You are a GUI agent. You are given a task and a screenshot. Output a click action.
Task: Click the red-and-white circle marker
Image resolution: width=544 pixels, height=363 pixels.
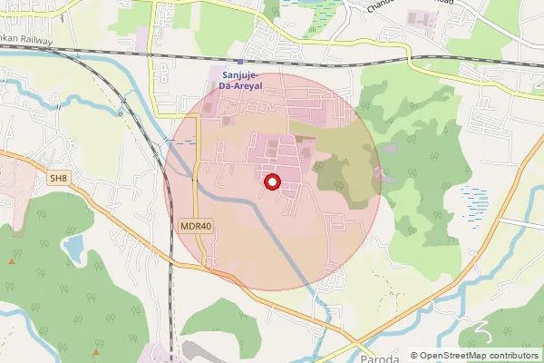(x=271, y=183)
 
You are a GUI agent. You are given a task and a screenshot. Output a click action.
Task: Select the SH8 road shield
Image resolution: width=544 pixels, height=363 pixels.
(x=58, y=178)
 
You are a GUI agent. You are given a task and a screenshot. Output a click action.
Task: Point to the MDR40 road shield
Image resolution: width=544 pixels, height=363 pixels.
(x=190, y=225)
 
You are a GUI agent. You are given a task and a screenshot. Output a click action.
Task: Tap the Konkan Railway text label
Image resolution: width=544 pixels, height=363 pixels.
(x=25, y=41)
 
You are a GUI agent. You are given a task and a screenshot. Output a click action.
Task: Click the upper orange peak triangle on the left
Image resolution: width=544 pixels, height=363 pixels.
(x=11, y=261)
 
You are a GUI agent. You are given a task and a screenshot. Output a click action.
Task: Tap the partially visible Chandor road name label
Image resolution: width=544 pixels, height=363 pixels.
(x=399, y=5)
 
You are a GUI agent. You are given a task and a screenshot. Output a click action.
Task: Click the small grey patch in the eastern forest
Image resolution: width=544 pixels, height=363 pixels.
(x=390, y=147)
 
